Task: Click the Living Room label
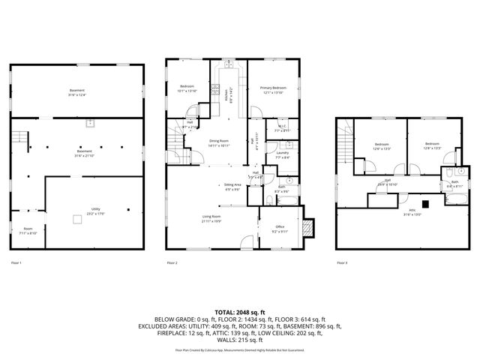point(211,219)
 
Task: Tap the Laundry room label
point(282,155)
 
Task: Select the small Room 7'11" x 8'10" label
point(28,231)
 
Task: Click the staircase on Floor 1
point(20,139)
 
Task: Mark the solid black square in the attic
point(425,202)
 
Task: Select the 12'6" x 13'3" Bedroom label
point(382,145)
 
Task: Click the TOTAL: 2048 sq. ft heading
point(240,311)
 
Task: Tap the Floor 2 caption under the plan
point(172,263)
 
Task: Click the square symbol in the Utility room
point(76,219)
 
